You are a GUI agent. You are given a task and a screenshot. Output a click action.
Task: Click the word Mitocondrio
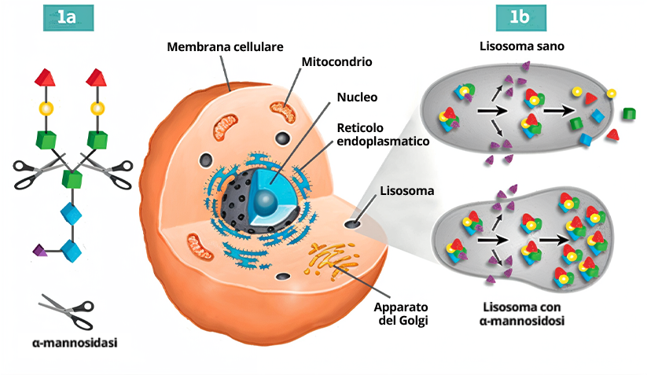336,61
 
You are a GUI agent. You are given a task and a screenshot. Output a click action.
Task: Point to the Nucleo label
336,98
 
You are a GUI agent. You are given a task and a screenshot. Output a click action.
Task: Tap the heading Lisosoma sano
522,46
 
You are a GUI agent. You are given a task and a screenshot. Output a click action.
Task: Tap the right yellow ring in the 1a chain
97,108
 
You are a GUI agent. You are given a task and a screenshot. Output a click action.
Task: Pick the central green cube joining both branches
72,177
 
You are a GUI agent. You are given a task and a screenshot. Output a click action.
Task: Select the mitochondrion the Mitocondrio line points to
284,112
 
